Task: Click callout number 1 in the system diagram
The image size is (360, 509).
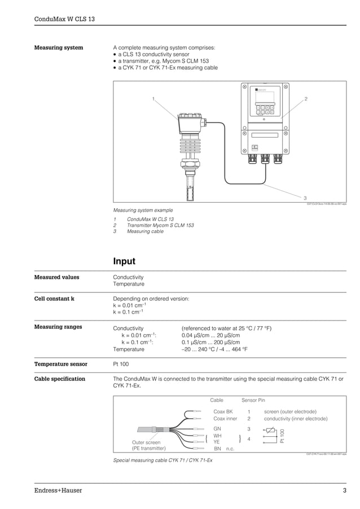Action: (x=152, y=99)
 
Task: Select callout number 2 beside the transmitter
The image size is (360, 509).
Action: (x=306, y=99)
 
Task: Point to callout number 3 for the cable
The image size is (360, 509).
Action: (x=305, y=198)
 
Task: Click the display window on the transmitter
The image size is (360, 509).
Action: (x=265, y=96)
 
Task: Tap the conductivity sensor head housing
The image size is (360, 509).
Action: (x=190, y=122)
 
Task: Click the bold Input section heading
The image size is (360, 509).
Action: (x=124, y=261)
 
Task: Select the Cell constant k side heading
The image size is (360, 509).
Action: (x=55, y=299)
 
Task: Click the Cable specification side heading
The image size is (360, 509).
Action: (x=60, y=379)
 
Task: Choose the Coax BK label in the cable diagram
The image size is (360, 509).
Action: (x=223, y=411)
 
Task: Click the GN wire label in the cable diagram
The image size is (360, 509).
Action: (x=217, y=429)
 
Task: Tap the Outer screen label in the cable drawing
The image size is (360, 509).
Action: (x=146, y=442)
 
